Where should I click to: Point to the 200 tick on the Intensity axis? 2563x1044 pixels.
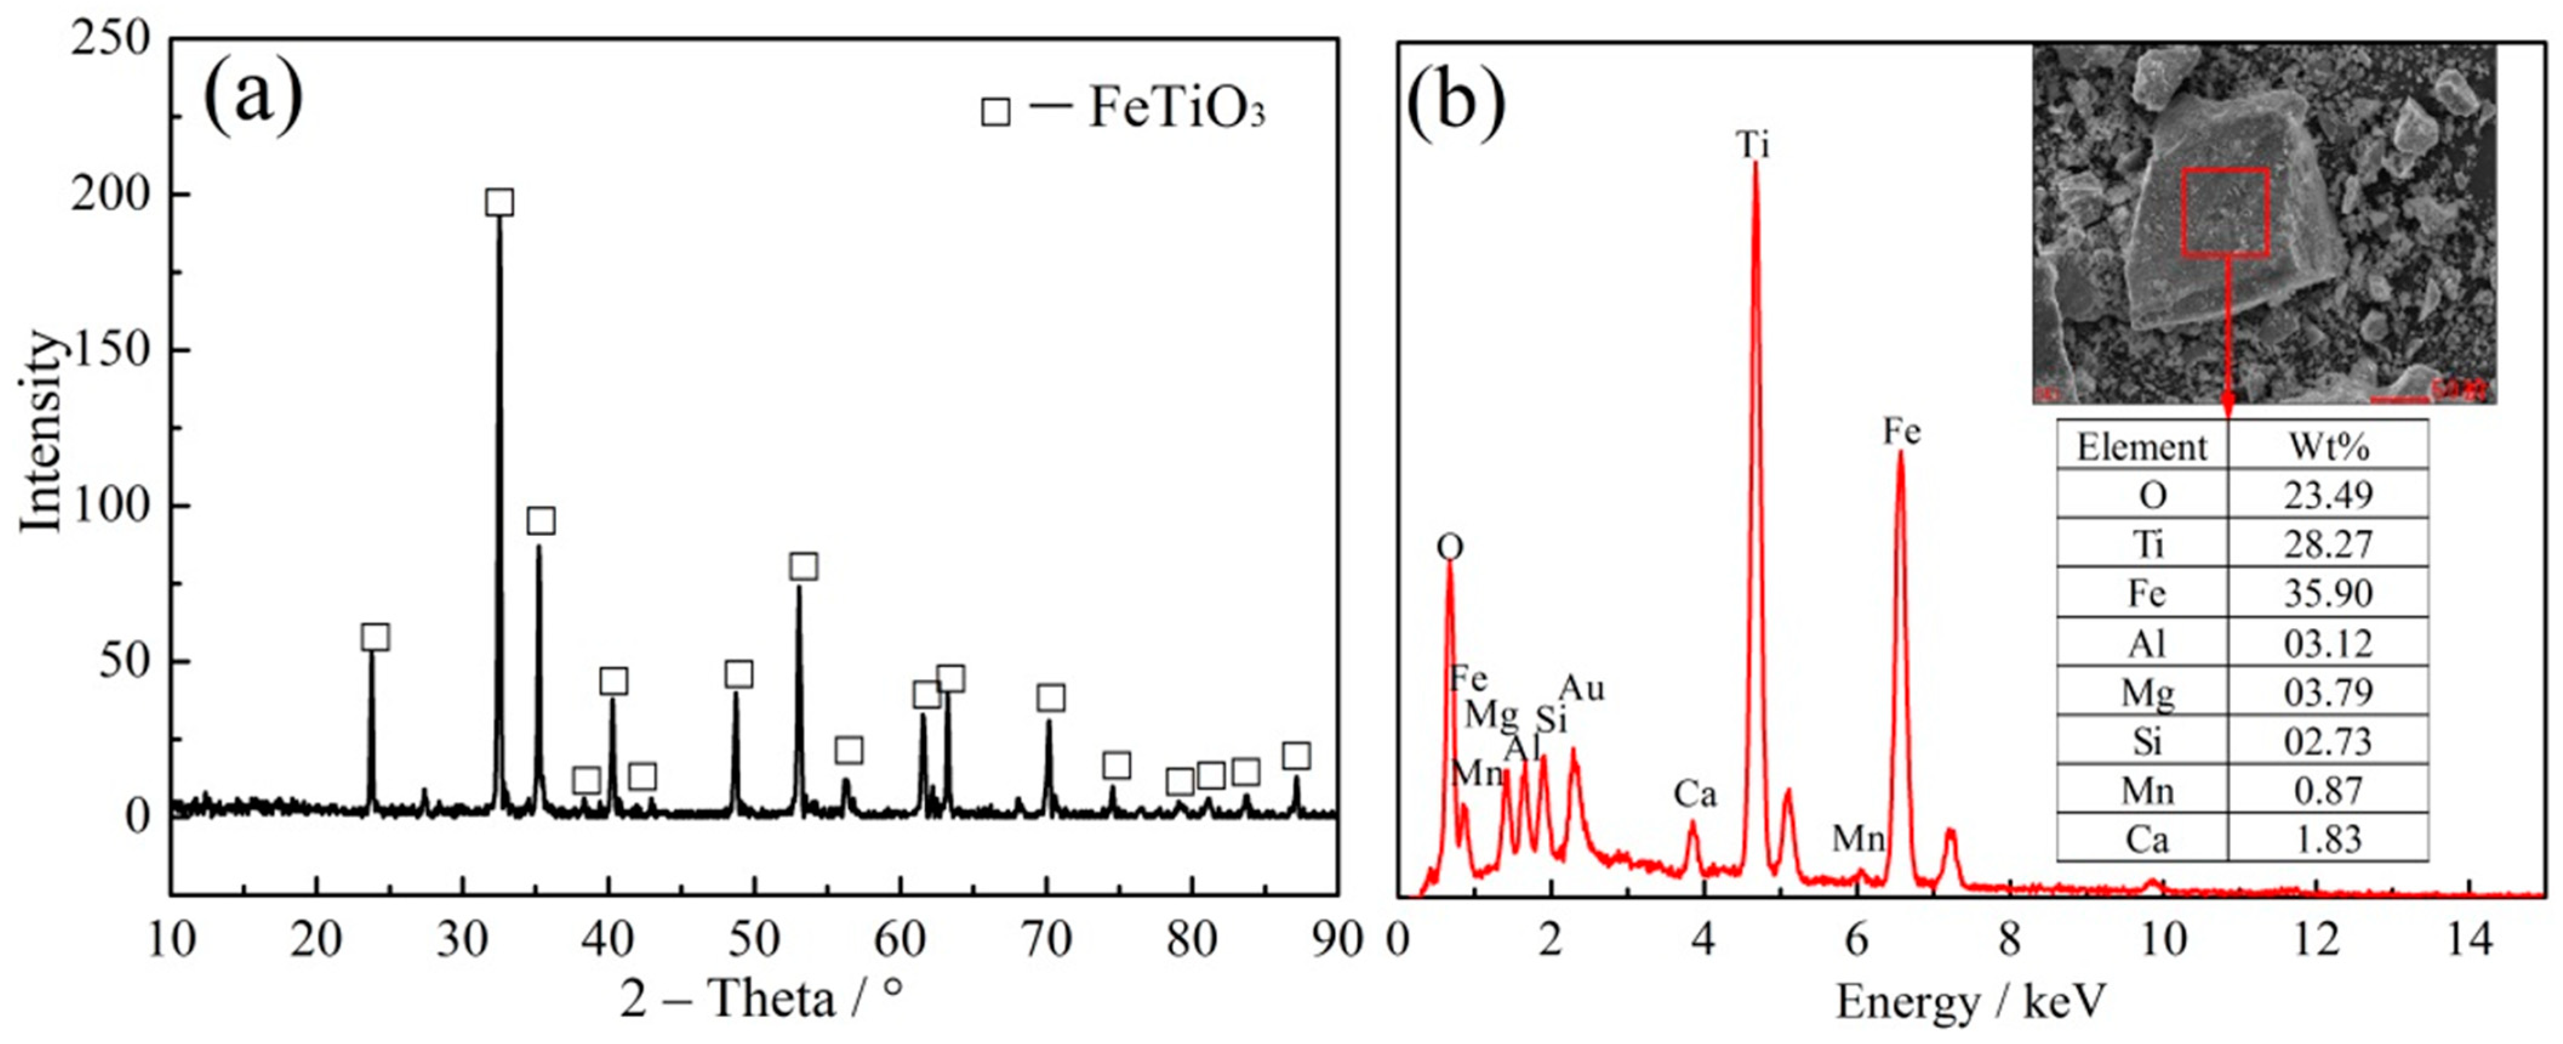(110, 195)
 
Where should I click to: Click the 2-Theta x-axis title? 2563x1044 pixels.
(762, 998)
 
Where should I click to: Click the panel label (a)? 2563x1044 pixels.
(253, 101)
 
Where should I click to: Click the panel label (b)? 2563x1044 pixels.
(1455, 101)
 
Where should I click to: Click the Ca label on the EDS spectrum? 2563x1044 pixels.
(1694, 794)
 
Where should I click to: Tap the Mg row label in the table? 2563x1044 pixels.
(2146, 692)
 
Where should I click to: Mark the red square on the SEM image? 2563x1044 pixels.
(2226, 212)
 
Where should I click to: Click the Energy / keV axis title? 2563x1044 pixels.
(1971, 1000)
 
